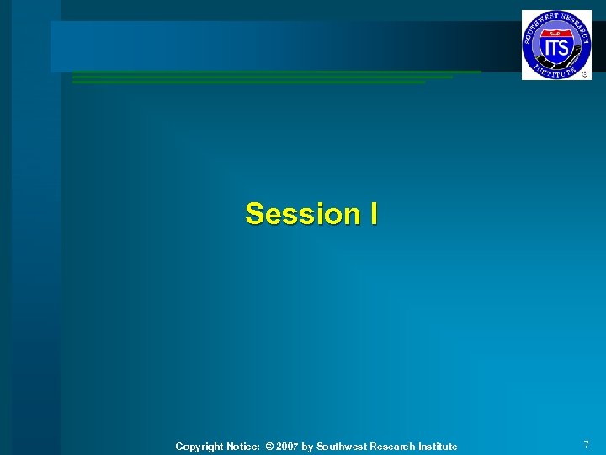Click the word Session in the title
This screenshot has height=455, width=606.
(300, 214)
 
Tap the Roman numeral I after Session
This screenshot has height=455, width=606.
(372, 214)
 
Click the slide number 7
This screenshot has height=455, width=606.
(586, 445)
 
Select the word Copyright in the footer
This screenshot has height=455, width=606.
(199, 447)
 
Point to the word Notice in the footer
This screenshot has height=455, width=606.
(242, 447)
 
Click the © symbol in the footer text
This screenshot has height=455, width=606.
(269, 447)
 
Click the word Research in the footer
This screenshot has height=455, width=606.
(392, 447)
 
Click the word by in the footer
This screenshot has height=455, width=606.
(308, 447)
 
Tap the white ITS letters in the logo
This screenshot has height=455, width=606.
(555, 48)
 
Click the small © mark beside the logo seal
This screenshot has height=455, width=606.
(585, 74)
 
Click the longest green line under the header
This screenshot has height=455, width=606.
(277, 72)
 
